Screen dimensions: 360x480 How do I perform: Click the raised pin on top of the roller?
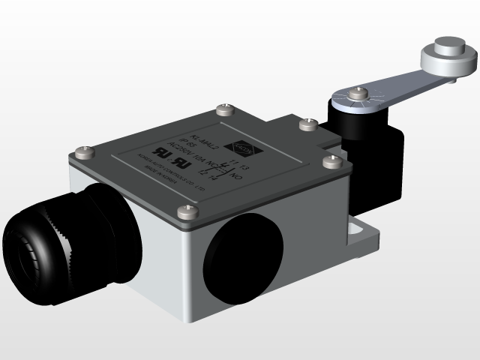pos(448,42)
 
